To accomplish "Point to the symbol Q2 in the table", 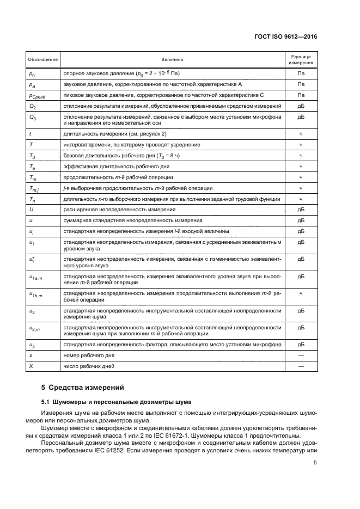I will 32,106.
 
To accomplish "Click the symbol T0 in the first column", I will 32,156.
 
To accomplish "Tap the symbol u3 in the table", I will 32,345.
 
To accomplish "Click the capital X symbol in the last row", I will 31,366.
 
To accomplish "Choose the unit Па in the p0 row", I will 301,73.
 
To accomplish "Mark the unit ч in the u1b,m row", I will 301,293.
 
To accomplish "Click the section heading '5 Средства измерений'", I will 80,388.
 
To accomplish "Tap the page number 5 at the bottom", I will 315,463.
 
